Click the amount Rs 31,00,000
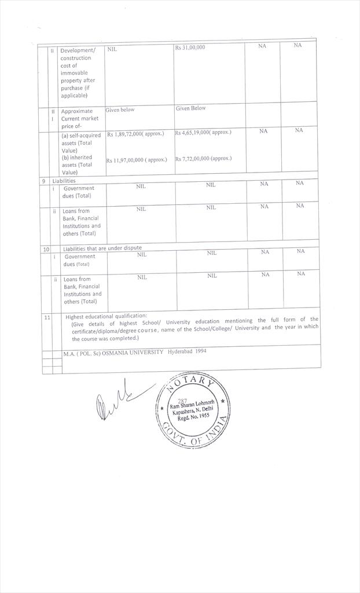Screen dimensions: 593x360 (190, 47)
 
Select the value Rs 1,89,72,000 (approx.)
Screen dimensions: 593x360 (135, 134)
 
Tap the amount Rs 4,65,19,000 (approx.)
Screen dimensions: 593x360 (203, 132)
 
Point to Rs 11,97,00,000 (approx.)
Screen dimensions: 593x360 (137, 160)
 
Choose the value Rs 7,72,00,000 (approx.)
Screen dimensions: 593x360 (203, 158)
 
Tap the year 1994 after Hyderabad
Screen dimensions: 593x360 (199, 351)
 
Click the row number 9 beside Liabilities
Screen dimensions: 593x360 (43, 181)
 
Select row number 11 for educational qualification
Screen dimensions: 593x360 (46, 317)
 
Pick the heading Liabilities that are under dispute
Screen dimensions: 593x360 (102, 248)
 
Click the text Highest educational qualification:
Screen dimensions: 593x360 (106, 316)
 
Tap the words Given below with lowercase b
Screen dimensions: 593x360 (120, 109)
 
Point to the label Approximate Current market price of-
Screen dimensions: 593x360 (80, 118)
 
